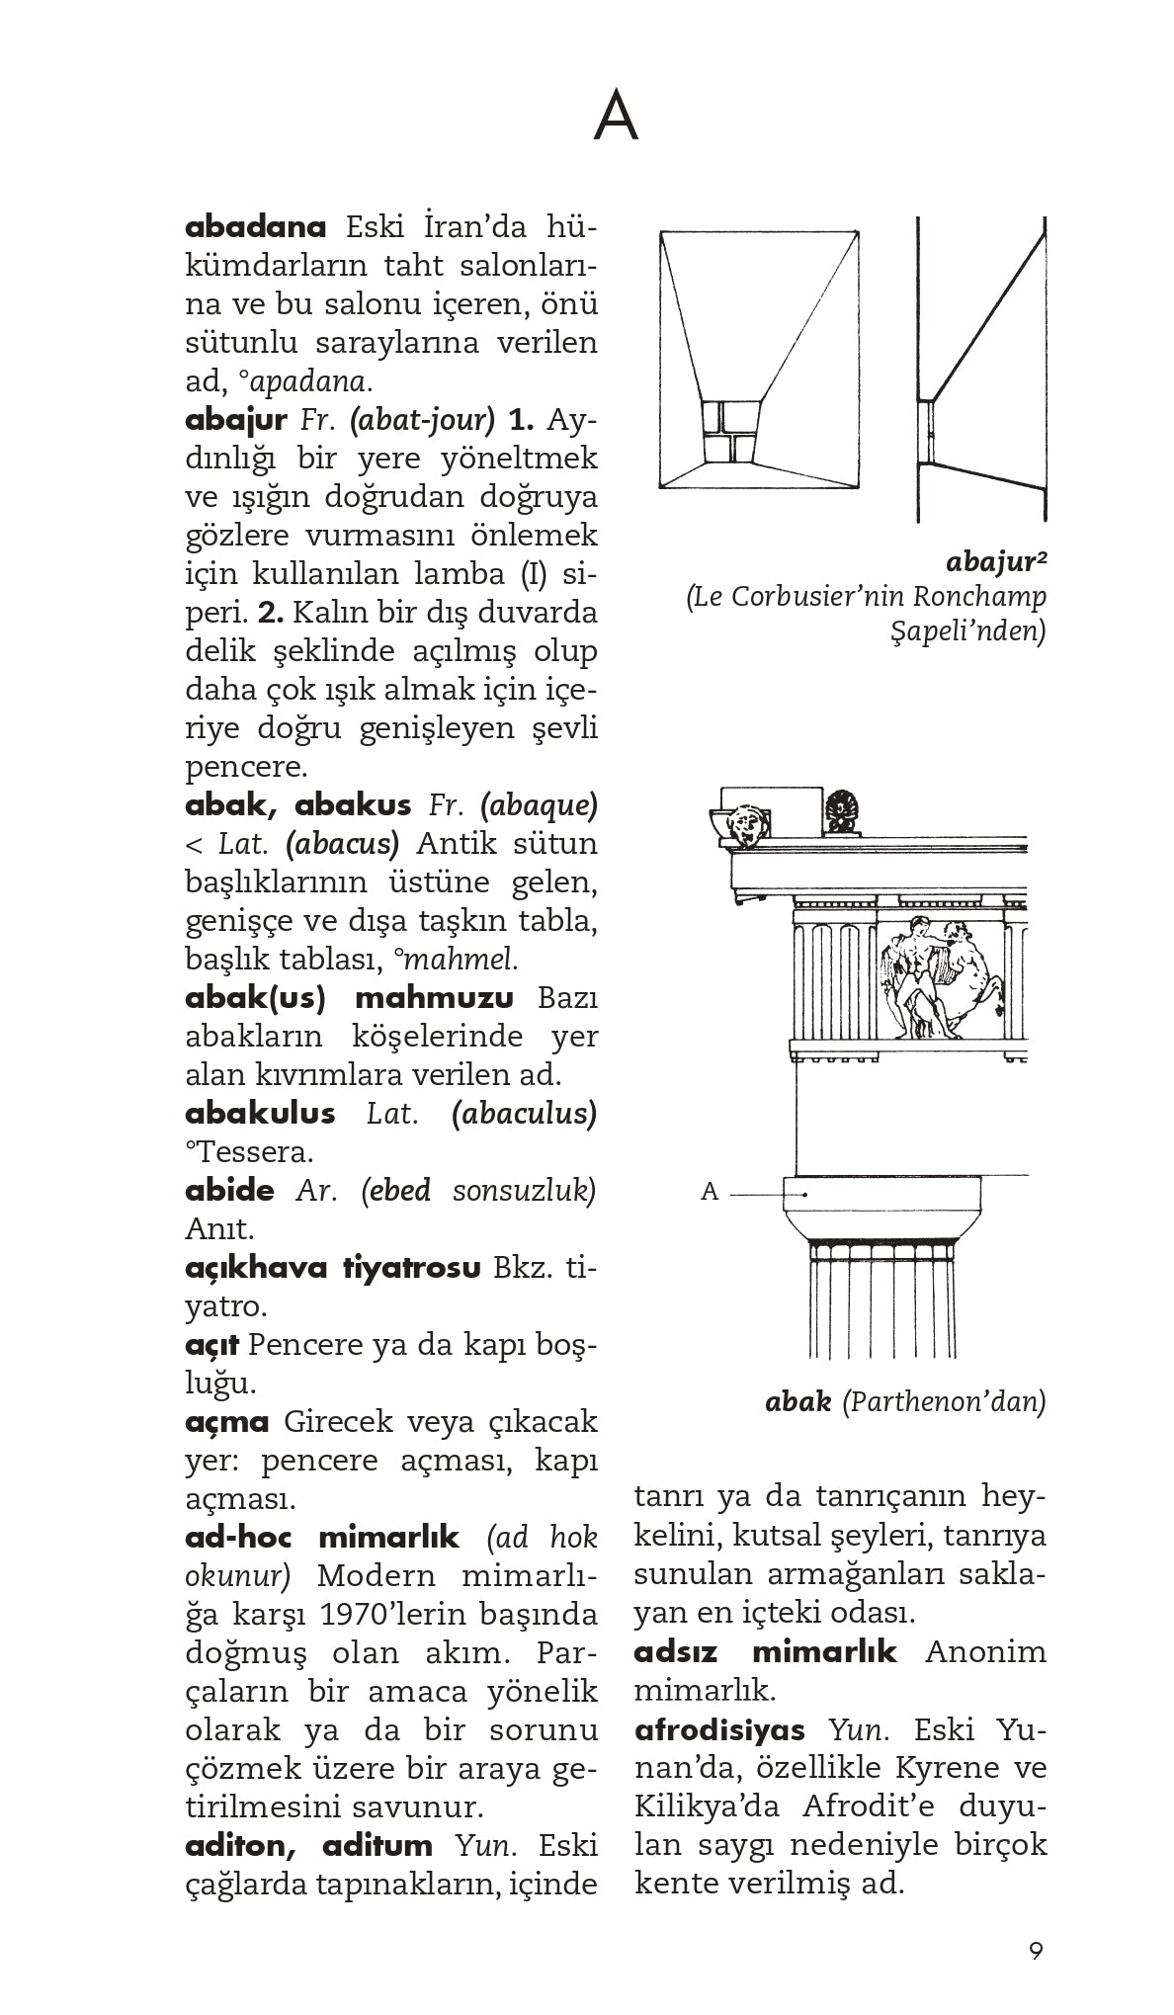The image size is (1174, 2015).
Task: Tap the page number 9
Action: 1035,1951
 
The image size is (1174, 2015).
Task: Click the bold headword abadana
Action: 255,227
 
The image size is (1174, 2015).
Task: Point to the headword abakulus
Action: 260,1114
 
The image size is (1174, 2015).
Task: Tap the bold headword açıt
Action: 211,1345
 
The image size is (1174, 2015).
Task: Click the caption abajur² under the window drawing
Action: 995,562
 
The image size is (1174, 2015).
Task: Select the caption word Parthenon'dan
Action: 944,1401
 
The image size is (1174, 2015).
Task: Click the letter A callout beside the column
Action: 709,1192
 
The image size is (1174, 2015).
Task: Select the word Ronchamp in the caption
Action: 979,597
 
